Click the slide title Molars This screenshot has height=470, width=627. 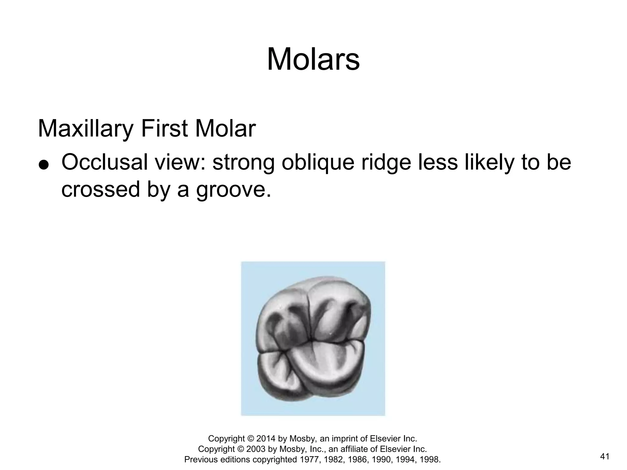coord(313,59)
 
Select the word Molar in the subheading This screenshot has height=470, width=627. coord(225,129)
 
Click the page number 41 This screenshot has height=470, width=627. coord(605,457)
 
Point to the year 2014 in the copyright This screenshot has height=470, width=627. coord(266,439)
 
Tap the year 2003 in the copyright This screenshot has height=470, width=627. coord(256,449)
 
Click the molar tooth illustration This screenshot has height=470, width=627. coord(313,338)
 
